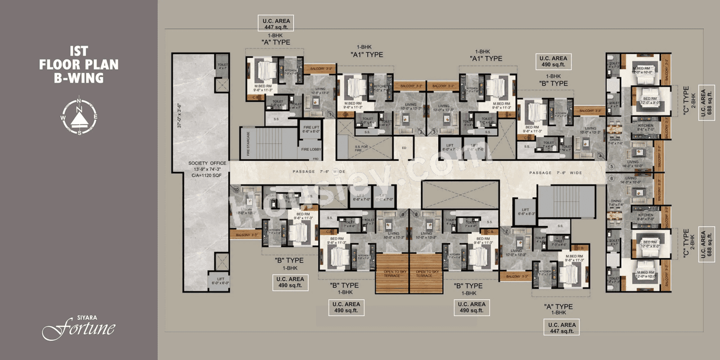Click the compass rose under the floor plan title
79,116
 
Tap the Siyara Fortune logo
79,327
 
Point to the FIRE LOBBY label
310,149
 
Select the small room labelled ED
403,148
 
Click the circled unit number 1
332,115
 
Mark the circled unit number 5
611,166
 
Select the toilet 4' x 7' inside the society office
222,66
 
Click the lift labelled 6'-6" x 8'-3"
524,211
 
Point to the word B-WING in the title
79,78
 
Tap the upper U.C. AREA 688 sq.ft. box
706,103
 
